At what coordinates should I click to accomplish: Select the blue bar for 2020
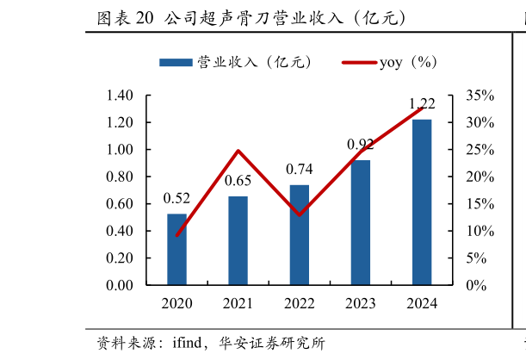176,250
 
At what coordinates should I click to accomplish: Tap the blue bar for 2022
299,235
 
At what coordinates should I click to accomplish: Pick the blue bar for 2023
360,223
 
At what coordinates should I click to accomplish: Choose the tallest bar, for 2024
422,202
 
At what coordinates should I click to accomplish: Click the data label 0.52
176,199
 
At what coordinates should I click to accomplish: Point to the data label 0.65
238,181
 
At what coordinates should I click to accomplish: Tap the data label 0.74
299,169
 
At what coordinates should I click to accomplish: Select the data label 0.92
360,145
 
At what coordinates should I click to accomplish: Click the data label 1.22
422,103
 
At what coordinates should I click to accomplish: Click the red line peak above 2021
238,151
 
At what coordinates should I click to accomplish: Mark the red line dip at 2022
299,214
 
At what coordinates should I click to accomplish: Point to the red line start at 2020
176,235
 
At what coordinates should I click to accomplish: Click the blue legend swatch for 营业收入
176,62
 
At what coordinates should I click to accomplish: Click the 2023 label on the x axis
360,303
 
